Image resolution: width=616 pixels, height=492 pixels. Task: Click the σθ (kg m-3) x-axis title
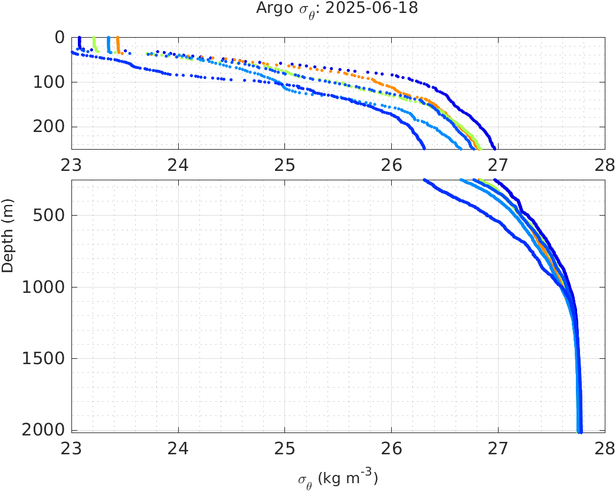click(x=338, y=478)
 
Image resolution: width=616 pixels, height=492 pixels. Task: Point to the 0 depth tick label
click(x=60, y=37)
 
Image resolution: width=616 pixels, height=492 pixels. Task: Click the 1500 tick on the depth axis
click(x=45, y=358)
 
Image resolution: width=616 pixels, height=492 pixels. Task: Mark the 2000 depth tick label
click(x=45, y=430)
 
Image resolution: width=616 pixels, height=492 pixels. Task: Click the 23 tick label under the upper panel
click(x=72, y=164)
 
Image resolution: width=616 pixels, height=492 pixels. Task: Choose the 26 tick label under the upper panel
click(x=392, y=164)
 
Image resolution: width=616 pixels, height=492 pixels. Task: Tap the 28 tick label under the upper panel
click(x=604, y=164)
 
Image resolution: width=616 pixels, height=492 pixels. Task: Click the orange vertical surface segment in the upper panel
click(x=118, y=44)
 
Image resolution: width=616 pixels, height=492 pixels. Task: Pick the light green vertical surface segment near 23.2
click(x=95, y=44)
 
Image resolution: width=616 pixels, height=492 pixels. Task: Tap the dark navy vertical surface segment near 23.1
click(x=80, y=42)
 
